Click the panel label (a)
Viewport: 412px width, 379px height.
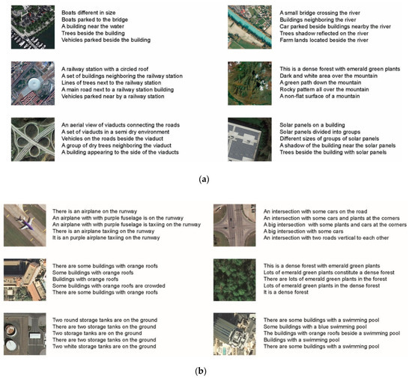pos(205,179)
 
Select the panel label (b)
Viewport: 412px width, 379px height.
pos(201,371)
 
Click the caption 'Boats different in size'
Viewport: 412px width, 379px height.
pos(88,13)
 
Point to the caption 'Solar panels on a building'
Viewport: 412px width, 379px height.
pos(312,125)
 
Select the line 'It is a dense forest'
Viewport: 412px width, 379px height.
pos(286,292)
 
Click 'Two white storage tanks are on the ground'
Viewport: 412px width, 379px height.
pos(104,346)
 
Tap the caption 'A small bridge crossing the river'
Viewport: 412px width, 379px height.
pos(320,13)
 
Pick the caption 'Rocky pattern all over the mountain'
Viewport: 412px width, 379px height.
pos(324,89)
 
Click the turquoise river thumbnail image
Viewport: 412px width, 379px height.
pos(249,27)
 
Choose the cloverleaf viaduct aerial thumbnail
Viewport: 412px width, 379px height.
pos(33,139)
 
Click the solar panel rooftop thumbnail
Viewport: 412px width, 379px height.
pos(249,139)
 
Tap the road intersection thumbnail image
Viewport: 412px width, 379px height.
pos(234,225)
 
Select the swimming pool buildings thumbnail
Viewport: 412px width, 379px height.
pos(234,334)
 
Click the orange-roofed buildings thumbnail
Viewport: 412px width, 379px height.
pos(25,279)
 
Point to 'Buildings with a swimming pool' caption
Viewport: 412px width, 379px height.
pos(301,339)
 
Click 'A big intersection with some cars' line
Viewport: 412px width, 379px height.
pos(303,231)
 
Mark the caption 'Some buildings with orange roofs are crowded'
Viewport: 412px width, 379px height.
pos(109,285)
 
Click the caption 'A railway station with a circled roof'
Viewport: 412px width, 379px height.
pos(105,69)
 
